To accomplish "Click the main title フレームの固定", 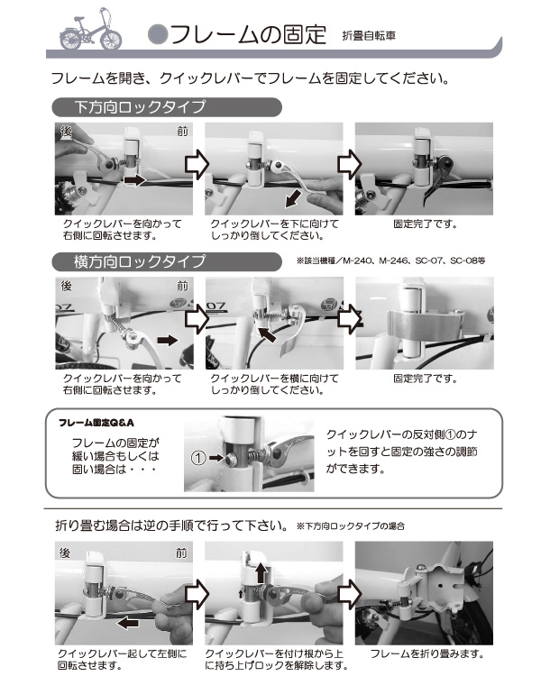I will [247, 35].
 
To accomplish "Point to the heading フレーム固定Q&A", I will [96, 422].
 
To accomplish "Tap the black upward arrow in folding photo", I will [261, 571].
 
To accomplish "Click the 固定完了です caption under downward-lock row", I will [426, 223].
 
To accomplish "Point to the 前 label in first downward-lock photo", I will [183, 132].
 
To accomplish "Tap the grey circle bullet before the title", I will [157, 35].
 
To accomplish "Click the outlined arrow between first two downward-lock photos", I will [197, 164].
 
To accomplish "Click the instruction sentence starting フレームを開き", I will [251, 78].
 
